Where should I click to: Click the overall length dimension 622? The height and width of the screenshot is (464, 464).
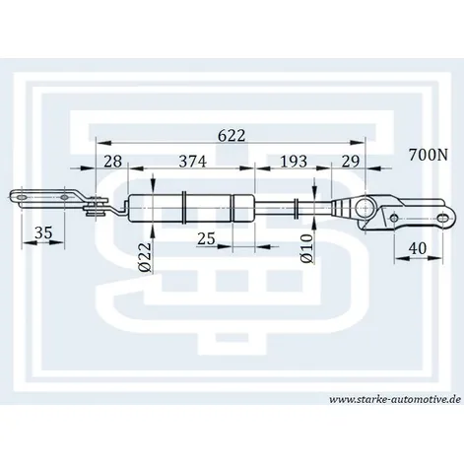point(232,135)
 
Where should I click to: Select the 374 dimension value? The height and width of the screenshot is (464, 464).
point(193,162)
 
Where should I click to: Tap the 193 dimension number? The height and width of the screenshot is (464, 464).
point(294,162)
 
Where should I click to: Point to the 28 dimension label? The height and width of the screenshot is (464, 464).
point(112,162)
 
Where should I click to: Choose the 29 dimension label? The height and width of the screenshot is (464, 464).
point(351,162)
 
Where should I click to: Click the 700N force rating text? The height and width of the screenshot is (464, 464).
point(429,155)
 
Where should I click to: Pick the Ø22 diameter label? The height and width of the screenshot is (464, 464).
point(146,257)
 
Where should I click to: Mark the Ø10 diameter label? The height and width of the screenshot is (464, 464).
point(307,248)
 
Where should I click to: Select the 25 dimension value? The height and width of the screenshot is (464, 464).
point(206,238)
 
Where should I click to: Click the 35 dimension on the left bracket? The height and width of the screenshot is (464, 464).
point(43,232)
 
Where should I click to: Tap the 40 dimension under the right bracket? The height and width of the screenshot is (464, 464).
point(417,248)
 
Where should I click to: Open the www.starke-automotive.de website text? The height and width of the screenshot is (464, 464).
point(395,399)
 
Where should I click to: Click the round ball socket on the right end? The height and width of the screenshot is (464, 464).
point(365,208)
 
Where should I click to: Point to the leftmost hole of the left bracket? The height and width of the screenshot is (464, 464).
point(22,197)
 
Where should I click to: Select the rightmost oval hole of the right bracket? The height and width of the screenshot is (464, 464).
point(443,218)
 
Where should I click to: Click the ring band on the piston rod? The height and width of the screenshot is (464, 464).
point(296,209)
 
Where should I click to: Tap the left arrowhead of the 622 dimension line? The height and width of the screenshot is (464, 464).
point(102,143)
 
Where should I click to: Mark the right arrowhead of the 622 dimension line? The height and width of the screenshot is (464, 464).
point(358,143)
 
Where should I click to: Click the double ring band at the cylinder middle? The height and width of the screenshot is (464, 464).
point(184,208)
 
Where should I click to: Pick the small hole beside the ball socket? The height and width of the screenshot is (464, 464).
point(395,218)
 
